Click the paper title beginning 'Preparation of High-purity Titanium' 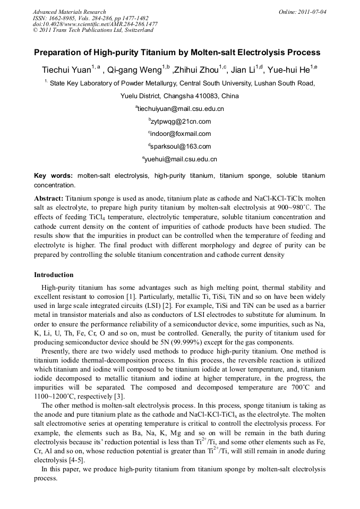pos(177,53)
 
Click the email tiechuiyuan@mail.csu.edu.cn pos(181,109)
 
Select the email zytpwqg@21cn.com pos(181,122)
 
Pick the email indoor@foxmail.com pos(181,134)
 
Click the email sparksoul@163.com pos(181,146)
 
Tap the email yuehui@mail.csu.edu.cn pos(181,159)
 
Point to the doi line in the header pos(95,24)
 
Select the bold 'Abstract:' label pos(49,197)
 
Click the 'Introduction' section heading pos(54,275)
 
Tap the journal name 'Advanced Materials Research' pos(69,12)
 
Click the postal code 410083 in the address pos(209,96)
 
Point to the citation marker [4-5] pos(70,461)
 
